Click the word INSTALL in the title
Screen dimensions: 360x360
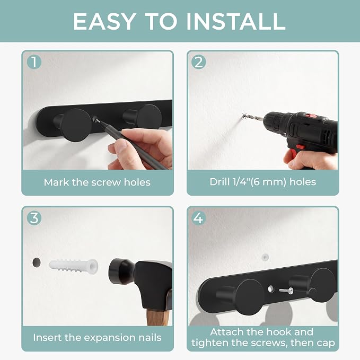coord(236,21)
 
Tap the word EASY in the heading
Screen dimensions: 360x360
coord(104,21)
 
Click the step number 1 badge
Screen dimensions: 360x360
coord(34,62)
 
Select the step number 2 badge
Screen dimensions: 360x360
coord(199,62)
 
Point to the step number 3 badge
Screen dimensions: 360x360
coord(34,218)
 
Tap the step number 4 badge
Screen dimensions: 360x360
coord(199,218)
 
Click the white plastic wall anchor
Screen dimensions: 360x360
coord(74,267)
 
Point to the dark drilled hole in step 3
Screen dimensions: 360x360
coord(37,262)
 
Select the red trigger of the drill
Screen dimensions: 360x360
coord(301,146)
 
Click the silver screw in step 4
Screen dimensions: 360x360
coord(286,291)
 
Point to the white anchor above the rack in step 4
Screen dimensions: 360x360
coord(265,257)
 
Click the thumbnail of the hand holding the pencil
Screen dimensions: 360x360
coord(121,146)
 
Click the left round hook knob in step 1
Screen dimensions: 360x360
coord(77,125)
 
